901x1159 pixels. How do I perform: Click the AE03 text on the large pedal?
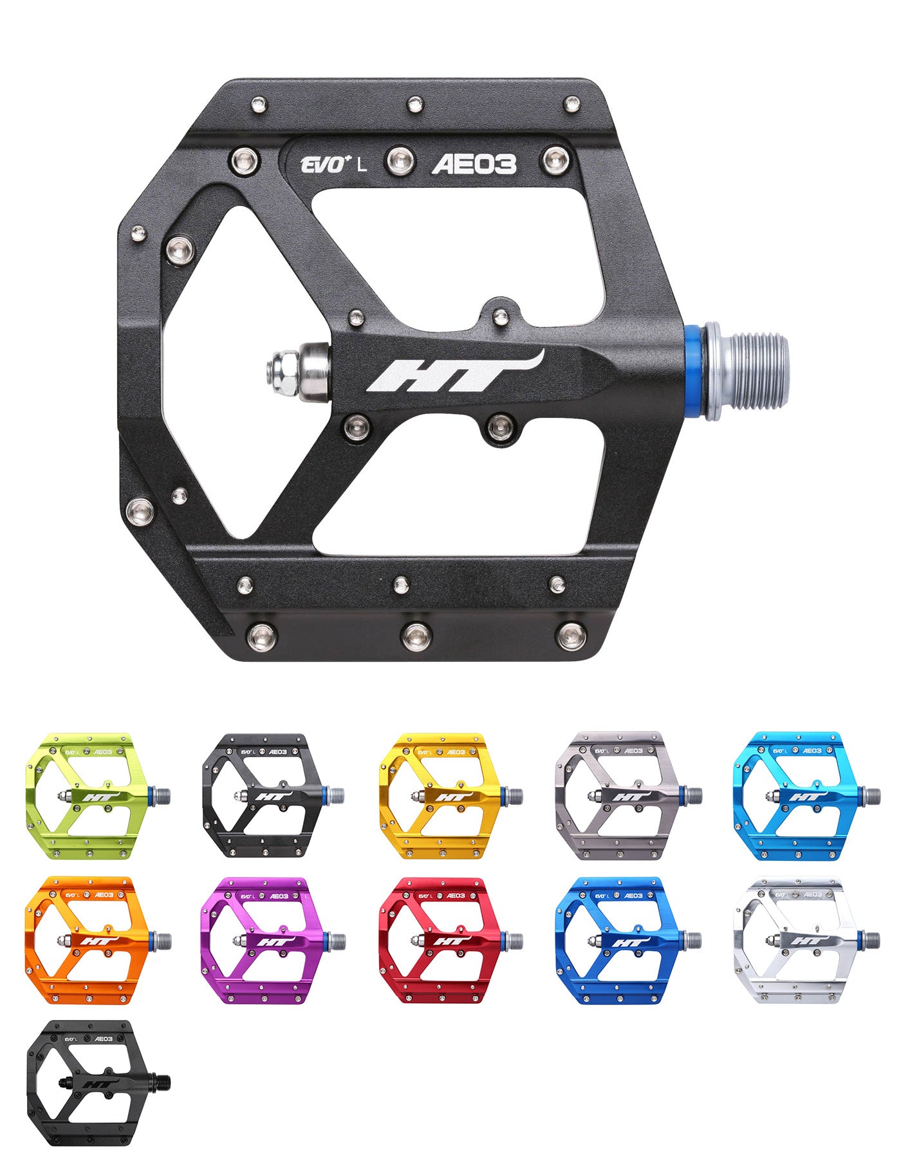click(x=474, y=165)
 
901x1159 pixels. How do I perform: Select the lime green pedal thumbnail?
click(x=98, y=796)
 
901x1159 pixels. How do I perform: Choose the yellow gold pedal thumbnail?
click(x=451, y=796)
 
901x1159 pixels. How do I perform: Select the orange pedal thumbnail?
click(x=98, y=941)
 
